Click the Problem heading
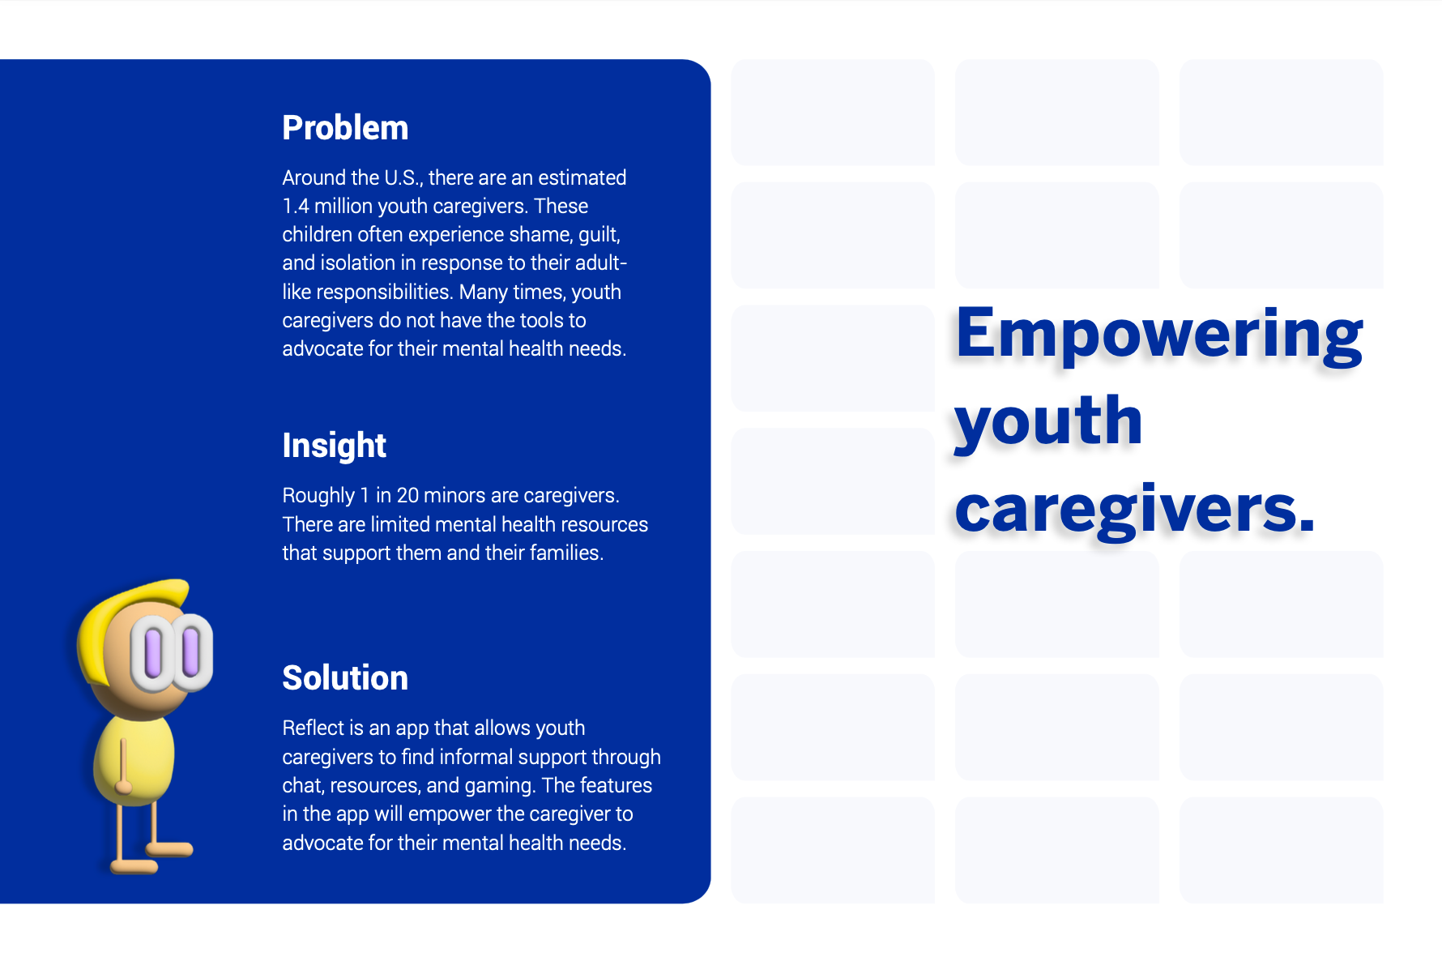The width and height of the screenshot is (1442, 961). tap(345, 128)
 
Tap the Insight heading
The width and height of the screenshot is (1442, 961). tap(334, 446)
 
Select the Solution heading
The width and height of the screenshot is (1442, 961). tap(345, 678)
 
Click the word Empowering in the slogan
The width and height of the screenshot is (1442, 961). tap(1159, 334)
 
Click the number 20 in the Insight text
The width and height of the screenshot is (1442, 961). tap(407, 495)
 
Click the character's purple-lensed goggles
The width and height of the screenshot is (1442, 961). tap(172, 652)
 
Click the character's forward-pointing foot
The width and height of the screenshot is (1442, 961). tap(169, 849)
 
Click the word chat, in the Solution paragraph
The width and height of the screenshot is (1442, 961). tap(303, 786)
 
